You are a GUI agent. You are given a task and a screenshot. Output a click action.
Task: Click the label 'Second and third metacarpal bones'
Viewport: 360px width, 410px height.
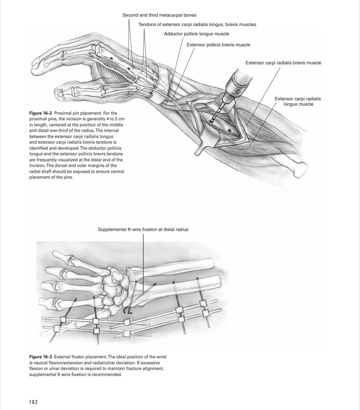[159, 15]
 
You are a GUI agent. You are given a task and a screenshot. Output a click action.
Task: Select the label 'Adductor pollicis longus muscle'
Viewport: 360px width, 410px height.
[197, 34]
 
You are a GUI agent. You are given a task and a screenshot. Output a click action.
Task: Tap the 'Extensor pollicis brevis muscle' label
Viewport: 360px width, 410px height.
[218, 45]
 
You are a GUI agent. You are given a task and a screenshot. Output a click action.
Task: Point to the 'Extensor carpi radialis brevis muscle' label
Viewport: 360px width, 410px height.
[283, 63]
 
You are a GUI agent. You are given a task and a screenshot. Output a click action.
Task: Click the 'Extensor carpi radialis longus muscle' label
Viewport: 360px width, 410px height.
[298, 101]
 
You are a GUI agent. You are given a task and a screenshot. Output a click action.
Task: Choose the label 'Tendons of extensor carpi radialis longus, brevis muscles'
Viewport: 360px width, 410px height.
[197, 24]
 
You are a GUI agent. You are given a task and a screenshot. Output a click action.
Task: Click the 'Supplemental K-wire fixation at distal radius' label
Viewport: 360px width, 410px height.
[143, 229]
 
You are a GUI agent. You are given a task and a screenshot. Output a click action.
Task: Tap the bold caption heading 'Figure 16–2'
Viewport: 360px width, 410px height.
[41, 113]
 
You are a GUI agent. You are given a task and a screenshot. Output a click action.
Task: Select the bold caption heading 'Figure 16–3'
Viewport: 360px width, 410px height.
[41, 357]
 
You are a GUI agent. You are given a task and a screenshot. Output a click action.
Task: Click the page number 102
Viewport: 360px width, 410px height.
[34, 402]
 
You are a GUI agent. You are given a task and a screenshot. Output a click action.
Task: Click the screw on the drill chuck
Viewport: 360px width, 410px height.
[238, 92]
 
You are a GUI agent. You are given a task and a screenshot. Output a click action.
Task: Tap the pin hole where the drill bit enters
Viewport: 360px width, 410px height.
[211, 121]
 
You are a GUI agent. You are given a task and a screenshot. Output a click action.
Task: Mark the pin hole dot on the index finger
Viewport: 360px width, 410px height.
[111, 59]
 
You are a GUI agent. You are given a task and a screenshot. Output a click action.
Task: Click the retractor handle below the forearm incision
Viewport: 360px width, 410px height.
[199, 149]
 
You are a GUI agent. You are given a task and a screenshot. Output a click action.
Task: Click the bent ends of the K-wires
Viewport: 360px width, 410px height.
[127, 311]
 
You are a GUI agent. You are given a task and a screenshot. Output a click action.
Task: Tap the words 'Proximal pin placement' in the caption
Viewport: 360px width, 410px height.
[77, 113]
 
